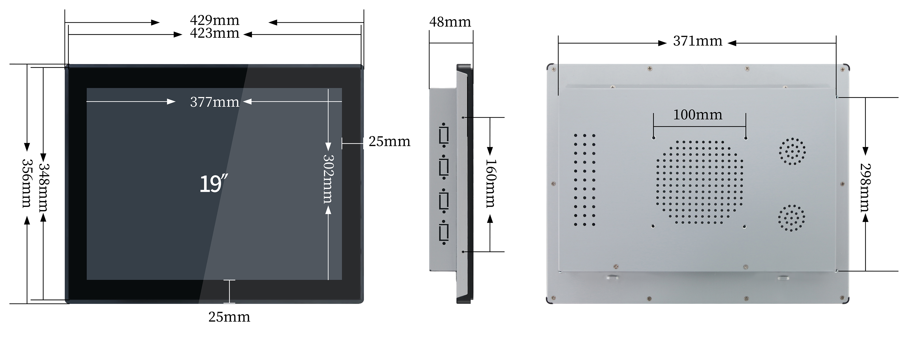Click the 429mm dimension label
pyautogui.click(x=215, y=20)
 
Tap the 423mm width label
pyautogui.click(x=215, y=33)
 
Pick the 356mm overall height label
pyautogui.click(x=27, y=183)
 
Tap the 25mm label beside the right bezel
pyautogui.click(x=390, y=142)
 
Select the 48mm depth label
pyautogui.click(x=450, y=22)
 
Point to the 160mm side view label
pyautogui.click(x=491, y=183)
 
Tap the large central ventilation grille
pyautogui.click(x=699, y=182)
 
